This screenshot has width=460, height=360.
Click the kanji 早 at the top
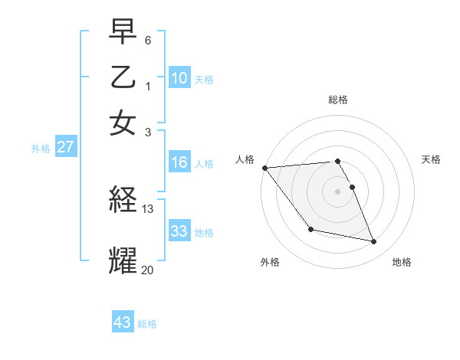123,34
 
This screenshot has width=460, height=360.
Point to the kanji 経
123,201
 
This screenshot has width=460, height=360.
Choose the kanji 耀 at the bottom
123,260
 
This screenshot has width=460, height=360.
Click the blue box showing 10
179,78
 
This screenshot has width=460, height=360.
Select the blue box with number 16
179,162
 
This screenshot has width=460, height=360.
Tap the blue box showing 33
179,231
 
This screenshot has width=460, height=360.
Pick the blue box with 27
65,147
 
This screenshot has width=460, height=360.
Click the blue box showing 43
123,322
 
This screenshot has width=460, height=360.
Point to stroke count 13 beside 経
148,208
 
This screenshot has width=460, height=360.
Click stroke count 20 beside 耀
148,269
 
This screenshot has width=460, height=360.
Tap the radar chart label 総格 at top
337,100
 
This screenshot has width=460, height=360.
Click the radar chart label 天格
431,159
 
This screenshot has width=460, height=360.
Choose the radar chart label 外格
270,262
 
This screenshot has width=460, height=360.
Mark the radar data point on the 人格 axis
264,168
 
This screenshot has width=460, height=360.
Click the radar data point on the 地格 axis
374,242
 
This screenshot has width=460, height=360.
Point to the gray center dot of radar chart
337,191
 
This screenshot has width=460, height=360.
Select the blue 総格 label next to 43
147,324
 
